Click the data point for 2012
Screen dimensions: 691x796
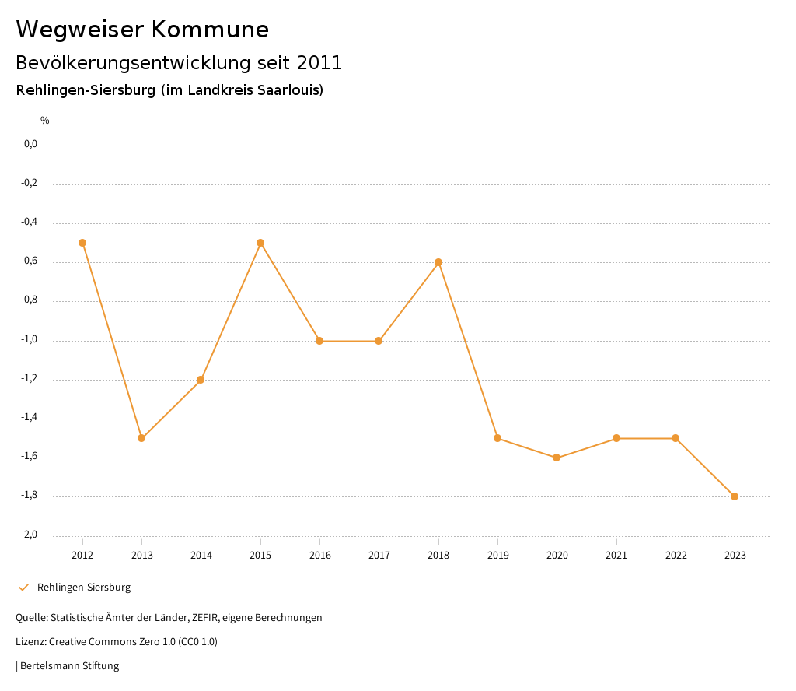click(82, 243)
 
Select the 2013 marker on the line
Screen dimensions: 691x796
click(141, 438)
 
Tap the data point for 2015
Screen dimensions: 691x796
click(260, 243)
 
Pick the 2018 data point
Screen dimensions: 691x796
click(438, 262)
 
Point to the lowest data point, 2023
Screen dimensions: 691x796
click(735, 496)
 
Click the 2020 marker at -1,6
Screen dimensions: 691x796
click(557, 458)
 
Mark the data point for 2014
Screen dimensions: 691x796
click(201, 380)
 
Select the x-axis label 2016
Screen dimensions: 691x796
click(319, 555)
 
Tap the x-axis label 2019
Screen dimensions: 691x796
click(497, 555)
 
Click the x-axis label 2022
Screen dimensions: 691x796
click(676, 555)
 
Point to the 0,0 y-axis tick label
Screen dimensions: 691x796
click(30, 144)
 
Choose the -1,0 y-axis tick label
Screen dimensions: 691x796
click(29, 340)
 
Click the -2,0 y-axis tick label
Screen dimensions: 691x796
click(29, 535)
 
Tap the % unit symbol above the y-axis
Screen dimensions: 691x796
click(45, 121)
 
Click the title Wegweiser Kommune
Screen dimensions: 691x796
click(142, 30)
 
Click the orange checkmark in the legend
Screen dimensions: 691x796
click(23, 588)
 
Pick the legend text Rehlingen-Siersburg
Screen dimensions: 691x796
click(84, 588)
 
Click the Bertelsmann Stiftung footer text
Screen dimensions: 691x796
click(69, 666)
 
